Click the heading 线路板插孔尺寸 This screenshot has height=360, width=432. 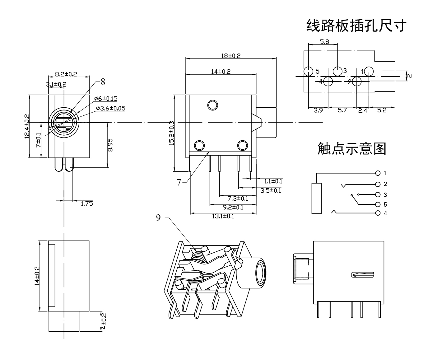click(356, 26)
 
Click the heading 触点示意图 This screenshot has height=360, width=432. click(352, 149)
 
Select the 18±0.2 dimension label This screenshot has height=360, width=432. click(230, 56)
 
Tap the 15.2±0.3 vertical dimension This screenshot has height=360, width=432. click(171, 133)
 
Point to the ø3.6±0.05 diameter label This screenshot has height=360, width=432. click(110, 108)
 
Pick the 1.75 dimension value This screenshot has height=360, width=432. click(87, 204)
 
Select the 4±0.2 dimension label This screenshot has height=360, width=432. click(104, 321)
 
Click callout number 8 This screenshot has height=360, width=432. click(103, 82)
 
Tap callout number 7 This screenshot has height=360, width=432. click(179, 182)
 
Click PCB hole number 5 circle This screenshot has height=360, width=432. click(308, 71)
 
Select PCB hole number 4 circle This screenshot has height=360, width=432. click(328, 82)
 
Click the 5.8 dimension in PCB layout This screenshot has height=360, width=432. click(324, 42)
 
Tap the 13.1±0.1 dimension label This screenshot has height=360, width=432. click(223, 216)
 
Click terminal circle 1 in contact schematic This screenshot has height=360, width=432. click(378, 173)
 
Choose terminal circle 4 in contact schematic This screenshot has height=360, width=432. click(378, 213)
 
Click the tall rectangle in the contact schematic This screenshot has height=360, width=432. click(317, 198)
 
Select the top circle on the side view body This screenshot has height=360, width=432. click(212, 105)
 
